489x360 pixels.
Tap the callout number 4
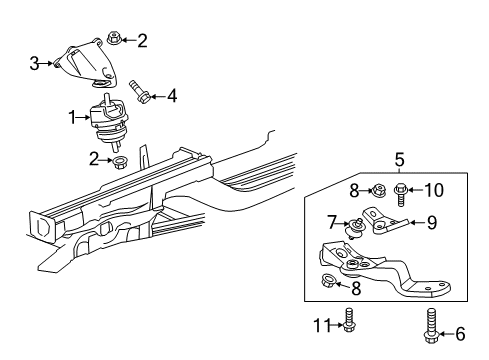point(172,97)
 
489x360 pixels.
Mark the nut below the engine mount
point(118,158)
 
